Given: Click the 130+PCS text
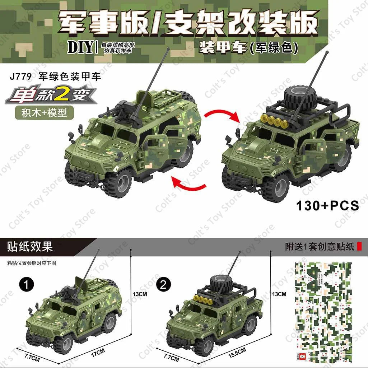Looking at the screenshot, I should point(327,205).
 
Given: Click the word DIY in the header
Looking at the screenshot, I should point(80,47).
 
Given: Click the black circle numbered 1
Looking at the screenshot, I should point(27,285).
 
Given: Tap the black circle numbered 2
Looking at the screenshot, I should point(163,285).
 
